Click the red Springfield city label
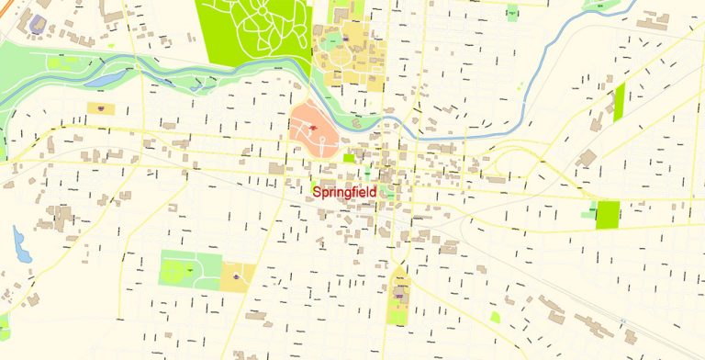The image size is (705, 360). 344,192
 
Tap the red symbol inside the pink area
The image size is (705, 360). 314,128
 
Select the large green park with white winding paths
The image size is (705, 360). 252,32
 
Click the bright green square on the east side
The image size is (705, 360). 608,215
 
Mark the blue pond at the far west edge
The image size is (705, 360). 18,244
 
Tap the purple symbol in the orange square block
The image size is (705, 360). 238,273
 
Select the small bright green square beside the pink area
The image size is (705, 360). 349,158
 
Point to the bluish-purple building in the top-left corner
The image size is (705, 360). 38,21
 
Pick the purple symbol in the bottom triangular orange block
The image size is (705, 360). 399,294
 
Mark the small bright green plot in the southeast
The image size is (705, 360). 495,317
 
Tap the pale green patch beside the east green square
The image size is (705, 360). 587,215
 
